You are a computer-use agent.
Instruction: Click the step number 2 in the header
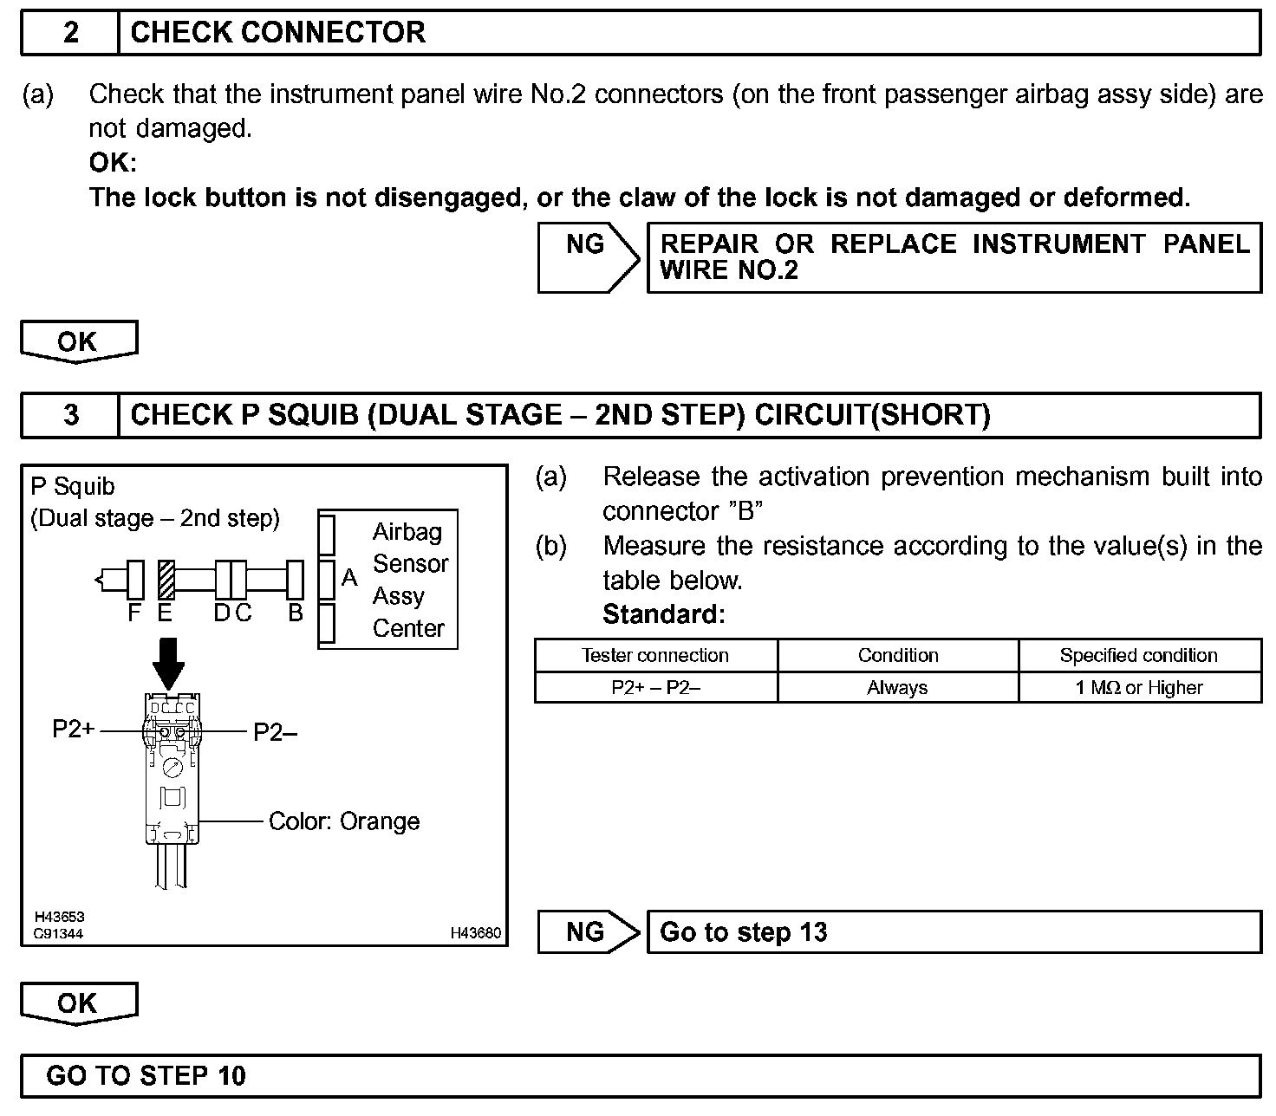(70, 33)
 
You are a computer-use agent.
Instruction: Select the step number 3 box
(70, 415)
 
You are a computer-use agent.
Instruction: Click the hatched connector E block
(166, 580)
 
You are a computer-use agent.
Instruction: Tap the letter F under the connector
(134, 613)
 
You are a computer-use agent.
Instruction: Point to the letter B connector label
(296, 613)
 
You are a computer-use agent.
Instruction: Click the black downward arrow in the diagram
(168, 664)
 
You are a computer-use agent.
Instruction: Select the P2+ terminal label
(73, 730)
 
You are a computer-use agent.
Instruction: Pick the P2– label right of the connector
(275, 733)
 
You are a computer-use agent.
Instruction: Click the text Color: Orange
(344, 821)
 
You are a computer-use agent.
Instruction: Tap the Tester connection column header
(655, 656)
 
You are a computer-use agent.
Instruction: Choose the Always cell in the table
(897, 688)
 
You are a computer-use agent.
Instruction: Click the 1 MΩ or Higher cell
(1139, 688)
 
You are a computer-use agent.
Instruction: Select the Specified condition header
(1139, 656)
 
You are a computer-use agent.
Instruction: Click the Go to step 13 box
(954, 932)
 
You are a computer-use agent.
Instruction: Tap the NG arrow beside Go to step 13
(587, 932)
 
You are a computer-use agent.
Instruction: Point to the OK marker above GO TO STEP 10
(78, 1003)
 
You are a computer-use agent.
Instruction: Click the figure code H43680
(476, 933)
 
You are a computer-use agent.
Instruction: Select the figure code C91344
(59, 934)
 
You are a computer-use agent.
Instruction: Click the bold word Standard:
(663, 614)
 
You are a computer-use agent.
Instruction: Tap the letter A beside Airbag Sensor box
(349, 577)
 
